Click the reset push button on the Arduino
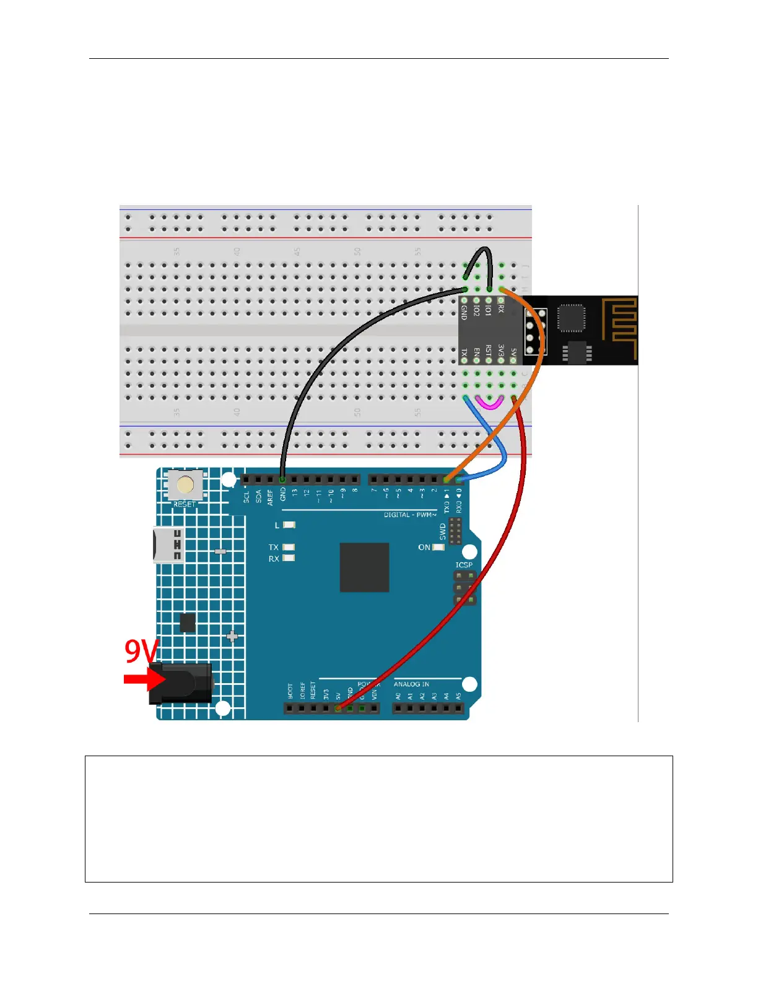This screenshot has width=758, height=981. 185,484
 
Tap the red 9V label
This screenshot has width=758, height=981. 142,651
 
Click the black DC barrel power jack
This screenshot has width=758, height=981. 181,683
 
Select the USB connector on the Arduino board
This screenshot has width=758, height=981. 168,545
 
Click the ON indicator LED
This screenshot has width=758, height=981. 438,547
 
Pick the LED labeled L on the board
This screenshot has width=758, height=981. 289,525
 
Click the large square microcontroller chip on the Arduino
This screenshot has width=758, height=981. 364,567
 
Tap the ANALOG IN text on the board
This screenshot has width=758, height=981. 411,684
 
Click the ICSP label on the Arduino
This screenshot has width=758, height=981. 464,565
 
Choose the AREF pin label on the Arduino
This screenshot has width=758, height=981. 271,497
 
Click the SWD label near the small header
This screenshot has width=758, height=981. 443,531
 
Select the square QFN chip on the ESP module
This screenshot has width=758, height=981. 570,318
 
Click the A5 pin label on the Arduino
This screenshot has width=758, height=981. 458,697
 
